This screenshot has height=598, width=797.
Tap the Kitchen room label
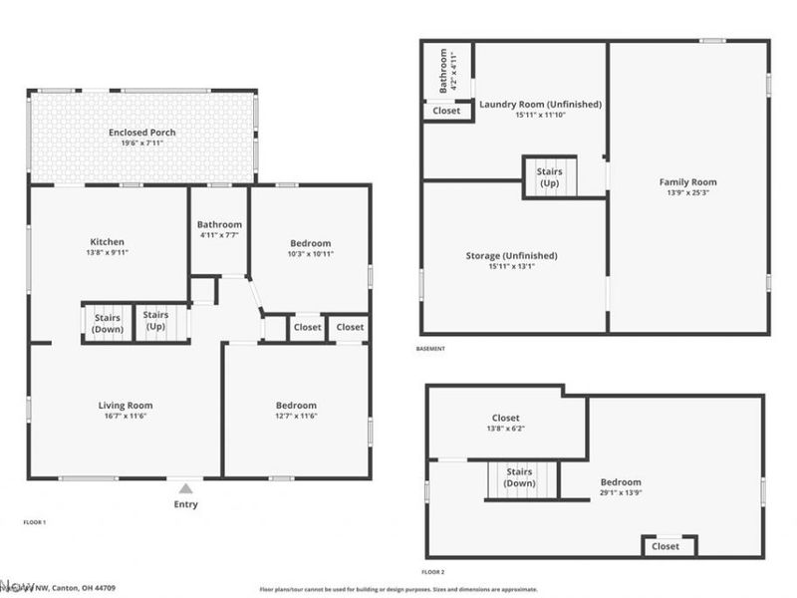point(108,242)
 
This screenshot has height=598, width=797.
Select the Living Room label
point(126,405)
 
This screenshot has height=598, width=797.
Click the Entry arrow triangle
point(185,488)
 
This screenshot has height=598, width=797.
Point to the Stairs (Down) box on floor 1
point(107,323)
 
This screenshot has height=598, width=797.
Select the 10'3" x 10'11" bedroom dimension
point(311,254)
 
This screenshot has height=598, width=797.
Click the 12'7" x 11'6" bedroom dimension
point(296,417)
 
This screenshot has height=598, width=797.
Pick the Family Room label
point(687,182)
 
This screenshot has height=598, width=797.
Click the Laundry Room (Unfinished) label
point(540,104)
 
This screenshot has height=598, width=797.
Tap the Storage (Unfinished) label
point(511,256)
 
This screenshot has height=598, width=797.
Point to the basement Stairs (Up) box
point(550,177)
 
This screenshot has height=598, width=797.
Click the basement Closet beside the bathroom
point(446,111)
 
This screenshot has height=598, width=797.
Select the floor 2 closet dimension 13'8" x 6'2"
point(506,430)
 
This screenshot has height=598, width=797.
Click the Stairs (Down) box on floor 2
point(520,477)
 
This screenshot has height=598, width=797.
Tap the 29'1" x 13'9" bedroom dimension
point(621,493)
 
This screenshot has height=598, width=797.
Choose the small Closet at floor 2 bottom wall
point(665,546)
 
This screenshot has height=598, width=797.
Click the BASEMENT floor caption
point(430,349)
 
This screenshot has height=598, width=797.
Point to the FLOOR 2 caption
point(432,572)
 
